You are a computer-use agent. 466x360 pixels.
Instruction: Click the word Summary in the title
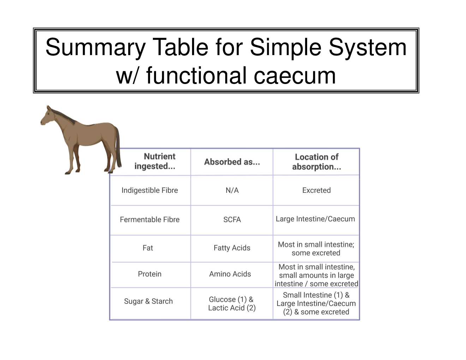pyautogui.click(x=95, y=47)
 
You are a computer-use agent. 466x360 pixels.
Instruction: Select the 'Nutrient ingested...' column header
pyautogui.click(x=155, y=161)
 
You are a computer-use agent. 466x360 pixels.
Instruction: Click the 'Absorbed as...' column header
pyautogui.click(x=232, y=162)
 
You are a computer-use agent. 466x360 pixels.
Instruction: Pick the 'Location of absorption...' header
pyautogui.click(x=316, y=162)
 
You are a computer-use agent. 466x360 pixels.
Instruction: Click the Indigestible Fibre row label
pyautogui.click(x=150, y=190)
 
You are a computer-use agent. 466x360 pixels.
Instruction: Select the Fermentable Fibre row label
pyautogui.click(x=150, y=220)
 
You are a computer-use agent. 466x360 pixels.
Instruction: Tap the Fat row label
pyautogui.click(x=148, y=248)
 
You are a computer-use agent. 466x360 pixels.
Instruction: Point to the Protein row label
pyautogui.click(x=150, y=274)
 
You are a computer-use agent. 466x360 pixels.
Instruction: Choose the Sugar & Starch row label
pyautogui.click(x=148, y=301)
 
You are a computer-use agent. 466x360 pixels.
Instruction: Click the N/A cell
pyautogui.click(x=232, y=190)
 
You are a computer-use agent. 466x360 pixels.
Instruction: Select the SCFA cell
pyautogui.click(x=232, y=220)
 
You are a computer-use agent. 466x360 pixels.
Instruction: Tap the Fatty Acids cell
pyautogui.click(x=232, y=248)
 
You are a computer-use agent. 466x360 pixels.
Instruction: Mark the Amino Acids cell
pyautogui.click(x=230, y=274)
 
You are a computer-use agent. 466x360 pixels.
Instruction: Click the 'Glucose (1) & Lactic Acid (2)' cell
pyautogui.click(x=232, y=304)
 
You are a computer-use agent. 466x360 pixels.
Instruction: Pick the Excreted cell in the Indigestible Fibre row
pyautogui.click(x=316, y=190)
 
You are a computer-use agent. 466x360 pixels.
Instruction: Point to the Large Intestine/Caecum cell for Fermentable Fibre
pyautogui.click(x=315, y=219)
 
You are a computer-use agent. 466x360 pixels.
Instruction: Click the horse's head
pyautogui.click(x=47, y=116)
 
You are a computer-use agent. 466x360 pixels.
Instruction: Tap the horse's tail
pyautogui.click(x=118, y=148)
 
